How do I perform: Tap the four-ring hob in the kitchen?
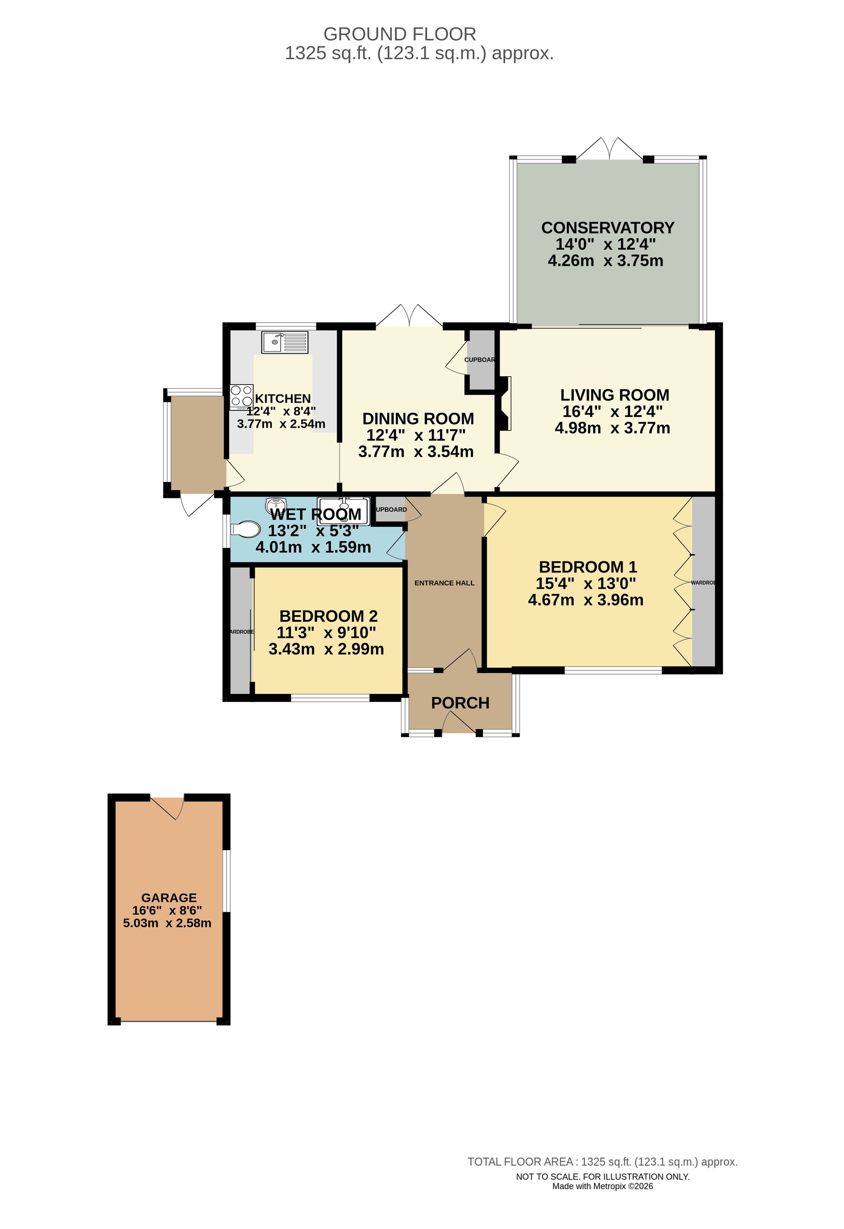(241, 396)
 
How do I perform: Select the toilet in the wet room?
(246, 529)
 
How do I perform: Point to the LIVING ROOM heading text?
(614, 395)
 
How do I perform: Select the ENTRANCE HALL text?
(444, 583)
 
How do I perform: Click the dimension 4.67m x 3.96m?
(585, 600)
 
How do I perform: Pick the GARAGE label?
(169, 897)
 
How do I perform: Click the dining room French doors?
(409, 316)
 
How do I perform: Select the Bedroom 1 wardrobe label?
(703, 583)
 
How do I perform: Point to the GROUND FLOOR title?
(400, 35)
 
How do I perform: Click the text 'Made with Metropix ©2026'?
(602, 1186)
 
